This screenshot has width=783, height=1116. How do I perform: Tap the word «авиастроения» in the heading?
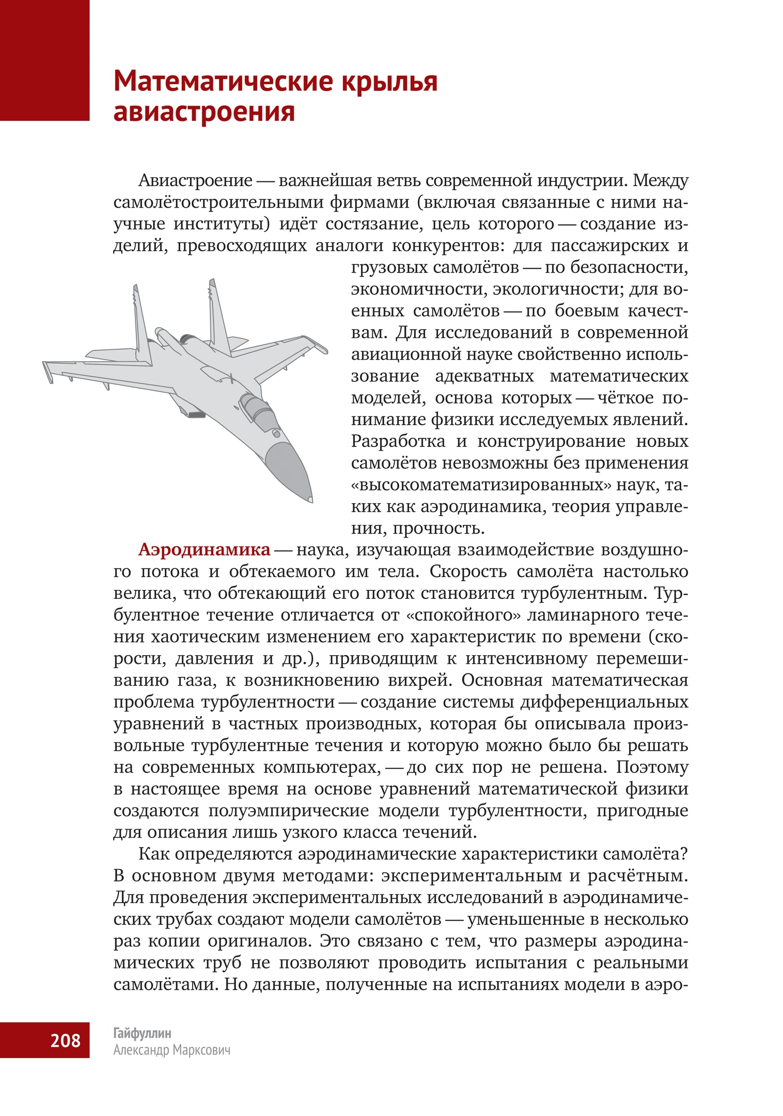(x=204, y=112)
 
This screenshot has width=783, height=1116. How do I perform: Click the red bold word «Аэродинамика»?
(x=204, y=550)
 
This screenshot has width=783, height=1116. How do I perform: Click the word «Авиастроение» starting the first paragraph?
(x=195, y=181)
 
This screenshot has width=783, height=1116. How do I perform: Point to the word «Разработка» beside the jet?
(x=398, y=441)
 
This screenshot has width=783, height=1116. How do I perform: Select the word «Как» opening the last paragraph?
(x=153, y=854)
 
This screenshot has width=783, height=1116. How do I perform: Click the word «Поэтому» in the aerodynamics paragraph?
(x=652, y=767)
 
